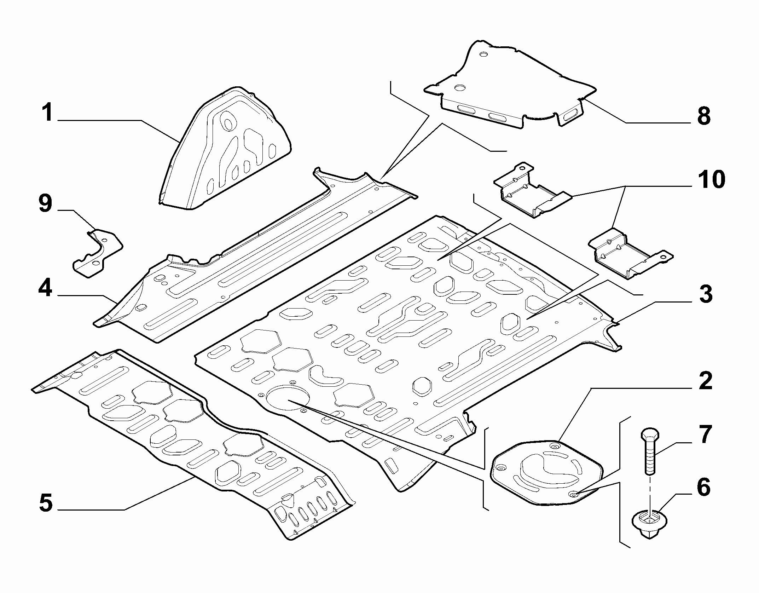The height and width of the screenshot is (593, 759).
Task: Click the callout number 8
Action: tap(704, 116)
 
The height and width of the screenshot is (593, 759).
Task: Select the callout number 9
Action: tap(45, 205)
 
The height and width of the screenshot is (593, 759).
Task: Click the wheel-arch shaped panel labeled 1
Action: tap(224, 149)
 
